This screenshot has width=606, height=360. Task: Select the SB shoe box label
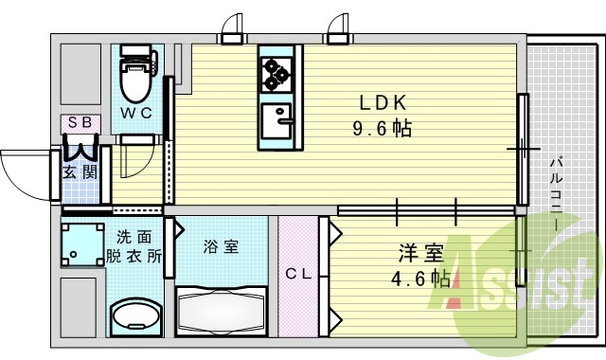[x=79, y=123]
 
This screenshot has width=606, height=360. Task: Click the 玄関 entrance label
[x=79, y=172]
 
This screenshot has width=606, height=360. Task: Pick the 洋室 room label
[x=420, y=253]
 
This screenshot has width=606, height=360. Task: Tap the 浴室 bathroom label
[x=222, y=247]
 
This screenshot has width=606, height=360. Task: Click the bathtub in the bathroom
[x=223, y=308]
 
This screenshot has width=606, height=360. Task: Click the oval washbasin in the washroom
[x=134, y=315]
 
